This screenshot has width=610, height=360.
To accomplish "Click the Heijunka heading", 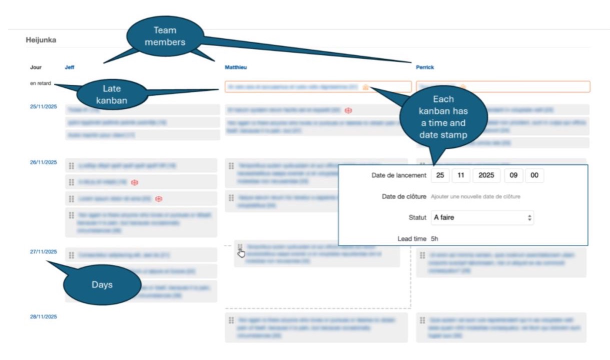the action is (41, 40).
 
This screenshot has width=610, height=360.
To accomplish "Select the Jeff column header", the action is (70, 67).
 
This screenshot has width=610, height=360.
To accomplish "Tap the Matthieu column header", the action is (236, 67).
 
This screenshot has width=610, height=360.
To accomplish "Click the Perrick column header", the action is (425, 67).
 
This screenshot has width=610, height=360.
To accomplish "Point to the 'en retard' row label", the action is (40, 84).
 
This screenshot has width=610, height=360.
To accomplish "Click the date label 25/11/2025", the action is (43, 107).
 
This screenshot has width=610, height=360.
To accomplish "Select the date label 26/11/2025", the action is (43, 162).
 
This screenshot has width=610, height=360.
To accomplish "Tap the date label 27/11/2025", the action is (43, 252).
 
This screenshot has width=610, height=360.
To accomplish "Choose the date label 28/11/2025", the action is (43, 317).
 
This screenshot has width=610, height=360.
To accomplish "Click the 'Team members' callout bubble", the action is (165, 37).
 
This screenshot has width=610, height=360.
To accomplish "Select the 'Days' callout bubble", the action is (102, 284).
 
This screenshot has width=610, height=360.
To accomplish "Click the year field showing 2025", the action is (486, 175).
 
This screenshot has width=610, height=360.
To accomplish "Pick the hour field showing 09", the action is (513, 175).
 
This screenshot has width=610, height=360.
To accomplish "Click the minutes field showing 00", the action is (534, 175).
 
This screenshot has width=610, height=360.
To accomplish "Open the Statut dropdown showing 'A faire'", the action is (482, 218).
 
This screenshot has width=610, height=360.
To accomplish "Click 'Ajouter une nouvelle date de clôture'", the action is (475, 197).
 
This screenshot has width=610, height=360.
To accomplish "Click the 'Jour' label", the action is (36, 67).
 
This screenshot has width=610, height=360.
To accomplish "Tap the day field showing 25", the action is (440, 175).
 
